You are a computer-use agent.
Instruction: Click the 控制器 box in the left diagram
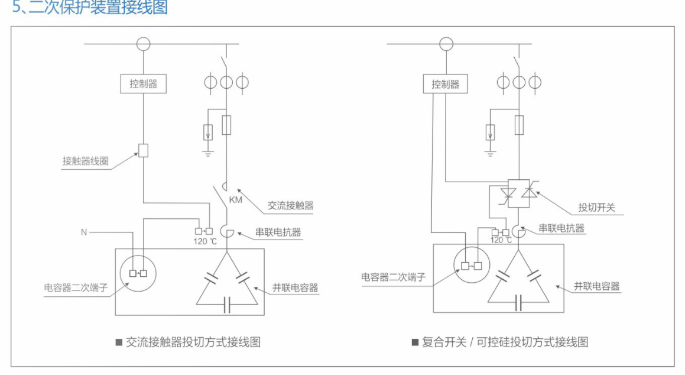pos(144,84)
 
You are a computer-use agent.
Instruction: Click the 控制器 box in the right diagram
pos(445,84)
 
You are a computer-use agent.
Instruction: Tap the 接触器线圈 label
pos(86,161)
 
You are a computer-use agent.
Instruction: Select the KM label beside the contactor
pos(236,201)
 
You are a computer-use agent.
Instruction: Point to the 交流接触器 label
pos(290,206)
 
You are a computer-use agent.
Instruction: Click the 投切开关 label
pos(596,208)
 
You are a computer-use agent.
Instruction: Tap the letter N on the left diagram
pos(84,232)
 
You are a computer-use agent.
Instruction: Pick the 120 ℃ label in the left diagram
pos(205,241)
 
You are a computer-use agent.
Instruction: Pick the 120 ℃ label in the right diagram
pos(501,240)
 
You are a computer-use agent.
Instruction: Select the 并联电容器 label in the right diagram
pos(596,286)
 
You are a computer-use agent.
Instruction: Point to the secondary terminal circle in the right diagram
pos(472,266)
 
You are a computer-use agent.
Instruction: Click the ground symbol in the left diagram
pos(207,152)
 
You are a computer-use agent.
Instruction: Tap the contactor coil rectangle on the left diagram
pos(143,150)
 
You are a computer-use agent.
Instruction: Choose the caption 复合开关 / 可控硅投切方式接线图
pos(505,342)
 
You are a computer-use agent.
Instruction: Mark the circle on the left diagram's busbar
pos(143,44)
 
